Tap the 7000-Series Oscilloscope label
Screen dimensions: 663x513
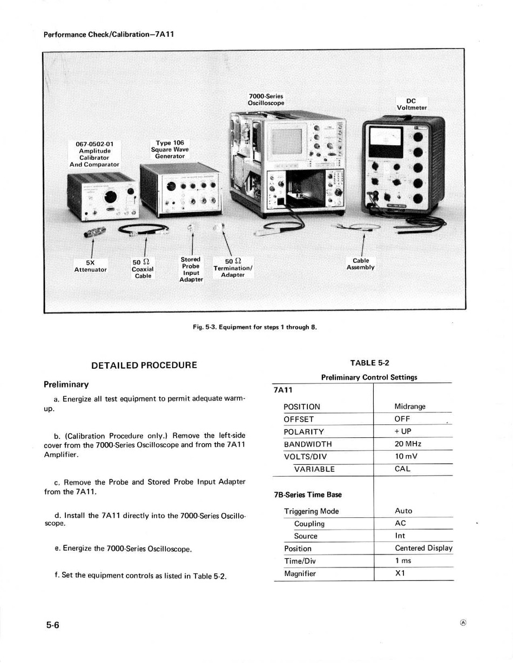266,99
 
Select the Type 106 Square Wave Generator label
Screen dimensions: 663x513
171,149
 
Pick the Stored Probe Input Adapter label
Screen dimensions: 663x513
191,269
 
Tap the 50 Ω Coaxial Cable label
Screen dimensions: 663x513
143,268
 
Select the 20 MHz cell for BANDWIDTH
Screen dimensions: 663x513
408,444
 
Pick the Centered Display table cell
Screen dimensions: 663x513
423,548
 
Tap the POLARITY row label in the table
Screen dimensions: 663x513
303,431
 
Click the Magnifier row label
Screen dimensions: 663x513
300,573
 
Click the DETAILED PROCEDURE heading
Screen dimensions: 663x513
144,366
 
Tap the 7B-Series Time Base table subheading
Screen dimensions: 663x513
307,495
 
